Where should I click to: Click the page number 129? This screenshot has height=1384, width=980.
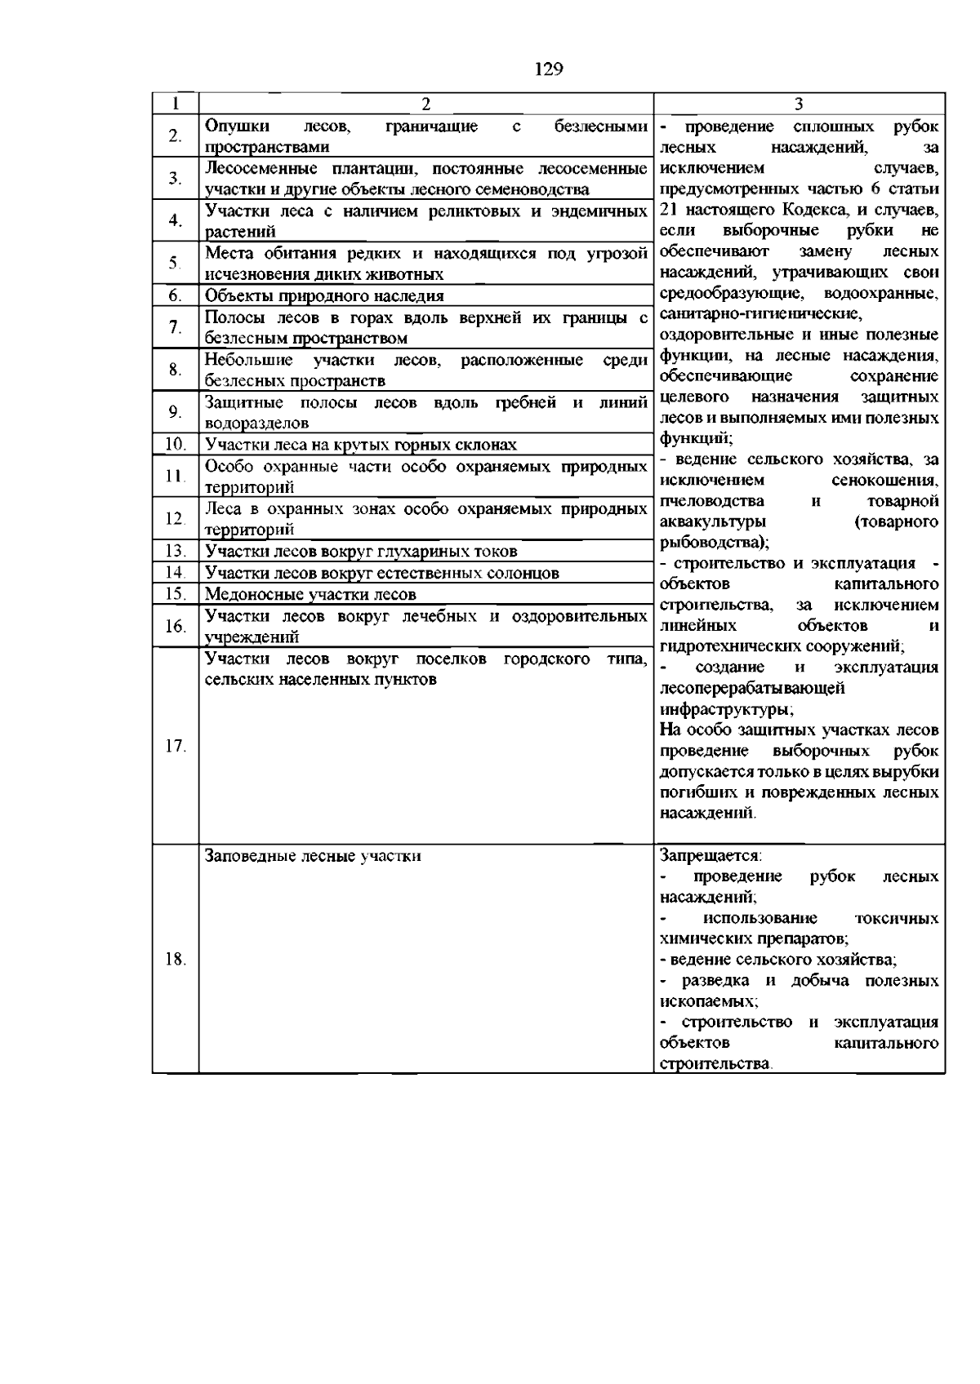point(549,69)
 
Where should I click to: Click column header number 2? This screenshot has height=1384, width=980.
point(425,104)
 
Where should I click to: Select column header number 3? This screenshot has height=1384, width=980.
point(799,104)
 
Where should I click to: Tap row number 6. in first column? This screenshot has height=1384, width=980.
point(175,295)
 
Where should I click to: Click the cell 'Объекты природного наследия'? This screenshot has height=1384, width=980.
point(324,295)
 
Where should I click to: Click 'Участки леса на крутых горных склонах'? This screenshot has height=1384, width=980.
point(360,445)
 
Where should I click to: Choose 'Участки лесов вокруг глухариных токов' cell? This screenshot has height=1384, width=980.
point(360,551)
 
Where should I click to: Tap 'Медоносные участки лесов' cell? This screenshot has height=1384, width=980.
point(310,594)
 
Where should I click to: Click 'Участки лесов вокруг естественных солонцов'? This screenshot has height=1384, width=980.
point(381,573)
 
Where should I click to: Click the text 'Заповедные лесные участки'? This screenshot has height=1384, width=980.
point(313,856)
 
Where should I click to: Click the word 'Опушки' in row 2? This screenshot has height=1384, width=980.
point(237,126)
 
